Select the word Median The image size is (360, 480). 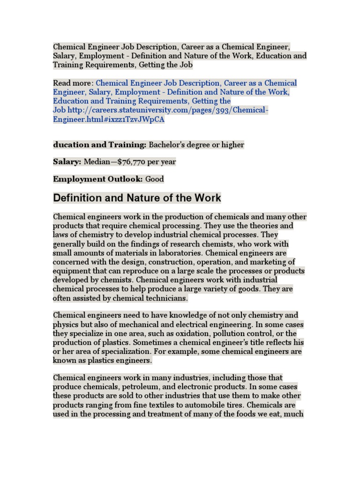tap(96, 162)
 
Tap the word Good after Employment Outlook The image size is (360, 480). tap(155, 179)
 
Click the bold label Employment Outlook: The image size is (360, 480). tap(98, 179)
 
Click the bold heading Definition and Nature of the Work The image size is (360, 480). tap(137, 198)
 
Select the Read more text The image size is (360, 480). tap(73, 83)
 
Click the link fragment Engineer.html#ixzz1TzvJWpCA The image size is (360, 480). tap(109, 120)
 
